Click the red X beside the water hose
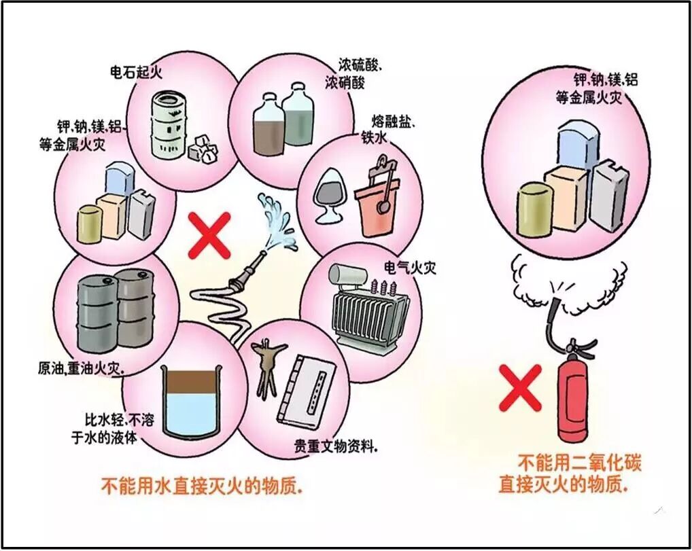pyautogui.click(x=209, y=234)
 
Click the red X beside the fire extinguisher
pyautogui.click(x=520, y=387)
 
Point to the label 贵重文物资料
pyautogui.click(x=336, y=448)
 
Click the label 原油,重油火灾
pyautogui.click(x=81, y=369)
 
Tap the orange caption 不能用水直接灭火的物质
pyautogui.click(x=201, y=486)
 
